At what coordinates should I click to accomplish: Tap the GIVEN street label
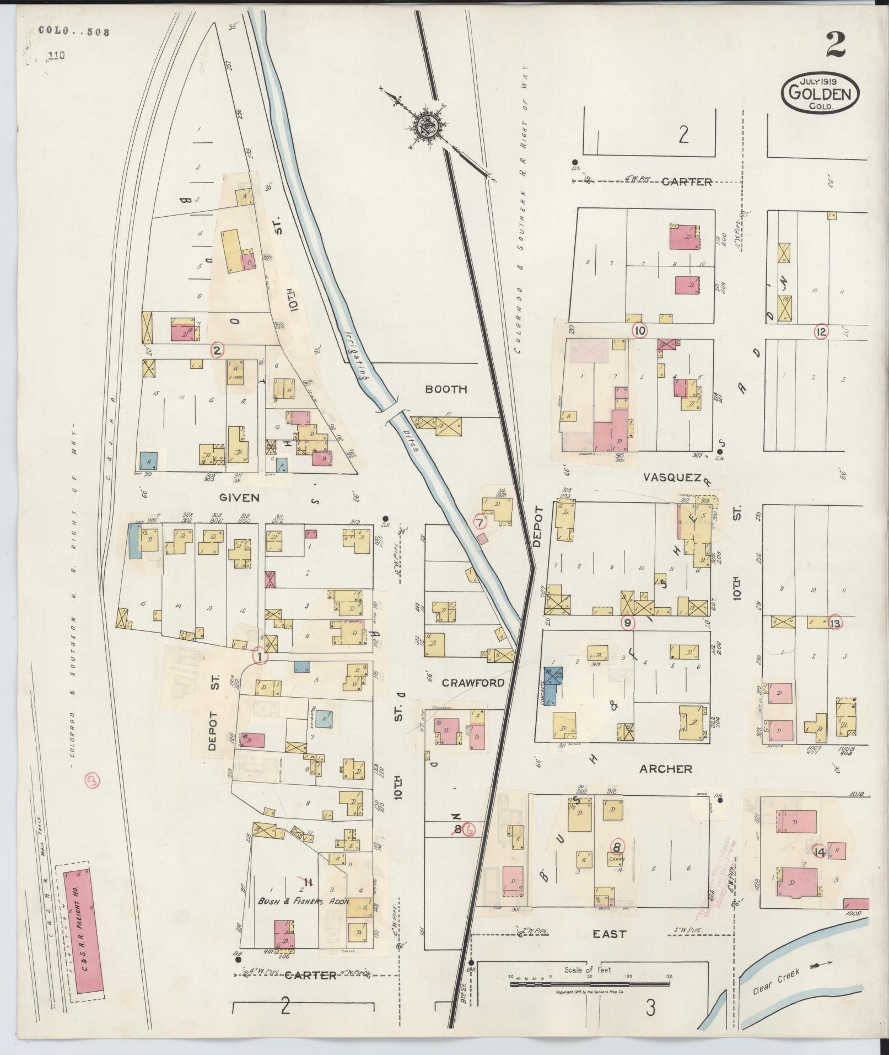[239, 497]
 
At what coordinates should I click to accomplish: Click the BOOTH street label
[446, 389]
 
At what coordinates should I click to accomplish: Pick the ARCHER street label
[665, 769]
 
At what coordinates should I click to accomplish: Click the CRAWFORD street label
[473, 683]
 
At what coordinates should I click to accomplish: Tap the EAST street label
[609, 934]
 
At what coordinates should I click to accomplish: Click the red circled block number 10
[640, 331]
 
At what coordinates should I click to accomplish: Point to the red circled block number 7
[480, 521]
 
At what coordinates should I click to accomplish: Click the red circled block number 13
[835, 623]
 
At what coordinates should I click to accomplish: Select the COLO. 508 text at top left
[74, 31]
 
